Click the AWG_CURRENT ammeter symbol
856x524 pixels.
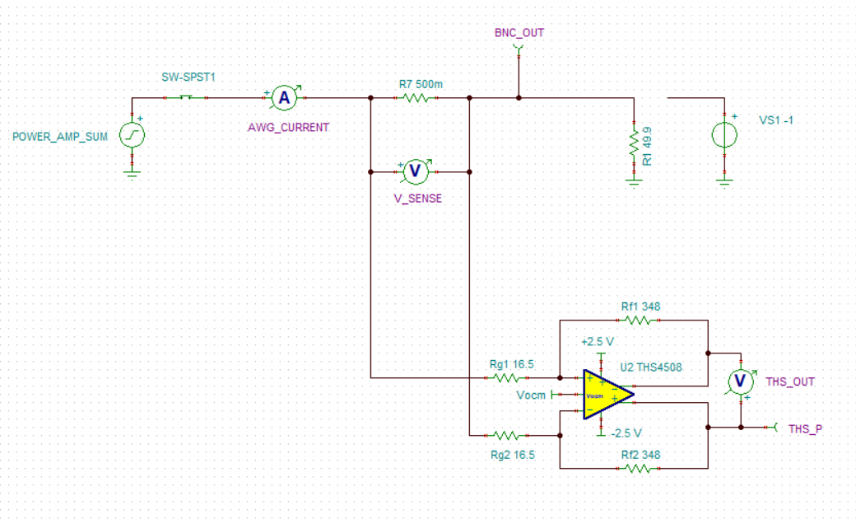click(x=285, y=98)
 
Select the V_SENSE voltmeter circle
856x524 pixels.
click(x=415, y=171)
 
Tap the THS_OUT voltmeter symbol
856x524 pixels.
click(x=740, y=381)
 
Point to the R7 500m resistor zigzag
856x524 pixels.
click(x=415, y=98)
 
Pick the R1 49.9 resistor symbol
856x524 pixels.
click(x=634, y=143)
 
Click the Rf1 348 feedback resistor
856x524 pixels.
click(x=638, y=320)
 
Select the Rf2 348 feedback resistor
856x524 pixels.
click(x=638, y=468)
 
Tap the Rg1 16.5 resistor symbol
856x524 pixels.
click(x=506, y=377)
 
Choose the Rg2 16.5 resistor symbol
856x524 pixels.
click(x=506, y=436)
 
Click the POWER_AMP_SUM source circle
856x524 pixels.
click(x=133, y=135)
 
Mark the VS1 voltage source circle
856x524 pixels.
click(x=724, y=135)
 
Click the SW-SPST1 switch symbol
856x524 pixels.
click(x=186, y=97)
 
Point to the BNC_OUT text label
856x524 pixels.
click(x=519, y=33)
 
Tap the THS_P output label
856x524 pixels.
click(x=805, y=429)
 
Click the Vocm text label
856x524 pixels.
click(x=531, y=395)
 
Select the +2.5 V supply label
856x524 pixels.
click(x=598, y=342)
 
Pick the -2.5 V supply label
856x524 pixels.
click(x=626, y=433)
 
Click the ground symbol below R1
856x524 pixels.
click(x=634, y=181)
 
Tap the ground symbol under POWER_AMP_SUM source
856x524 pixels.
click(x=133, y=173)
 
